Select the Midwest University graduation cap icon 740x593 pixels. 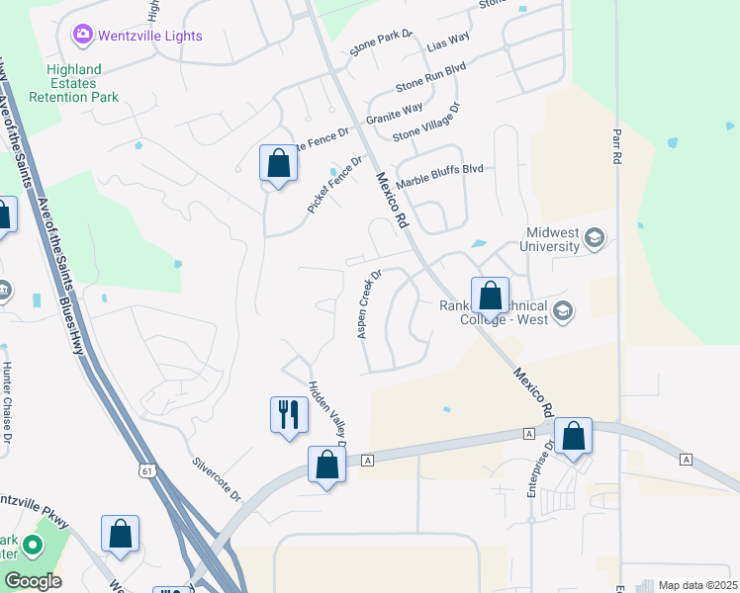point(595,237)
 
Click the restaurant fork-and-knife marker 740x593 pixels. point(289,413)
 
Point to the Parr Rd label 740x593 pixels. point(615,144)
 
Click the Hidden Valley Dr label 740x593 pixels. point(325,412)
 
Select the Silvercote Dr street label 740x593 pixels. point(218,477)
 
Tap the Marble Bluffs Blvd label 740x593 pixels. point(439,177)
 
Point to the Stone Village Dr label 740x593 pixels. point(426,123)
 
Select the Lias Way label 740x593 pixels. point(446,42)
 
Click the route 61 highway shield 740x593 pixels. point(146,471)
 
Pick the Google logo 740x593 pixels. point(32,581)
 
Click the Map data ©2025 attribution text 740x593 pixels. point(696,585)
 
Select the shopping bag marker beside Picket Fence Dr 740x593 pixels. point(279,163)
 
